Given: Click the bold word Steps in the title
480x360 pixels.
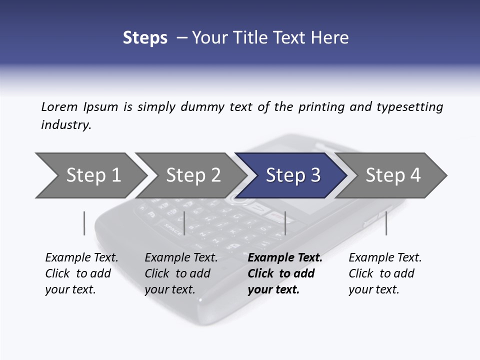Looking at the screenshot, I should coord(145,38).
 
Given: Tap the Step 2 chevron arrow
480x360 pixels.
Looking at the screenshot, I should coord(193,175).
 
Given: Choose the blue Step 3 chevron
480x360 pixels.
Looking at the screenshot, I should coord(293,175).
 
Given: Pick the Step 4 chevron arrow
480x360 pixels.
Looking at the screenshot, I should coord(393,175).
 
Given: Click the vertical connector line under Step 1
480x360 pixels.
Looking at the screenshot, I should coord(84,223).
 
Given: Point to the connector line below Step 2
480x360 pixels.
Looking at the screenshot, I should coord(184,223).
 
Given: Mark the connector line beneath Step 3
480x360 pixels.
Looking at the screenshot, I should coord(285,223).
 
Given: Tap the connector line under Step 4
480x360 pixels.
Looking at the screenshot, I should coord(386,223).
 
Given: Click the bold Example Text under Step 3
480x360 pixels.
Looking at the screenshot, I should coord(285,258).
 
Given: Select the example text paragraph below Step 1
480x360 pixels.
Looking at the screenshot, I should coord(81,273).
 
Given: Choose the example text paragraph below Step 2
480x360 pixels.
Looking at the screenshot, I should coord(180,273).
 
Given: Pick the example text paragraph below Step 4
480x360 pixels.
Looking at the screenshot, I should coord(384,273).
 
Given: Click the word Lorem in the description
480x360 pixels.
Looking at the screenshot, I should coord(59,107).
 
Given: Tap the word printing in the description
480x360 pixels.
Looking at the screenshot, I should coord(321,107).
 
